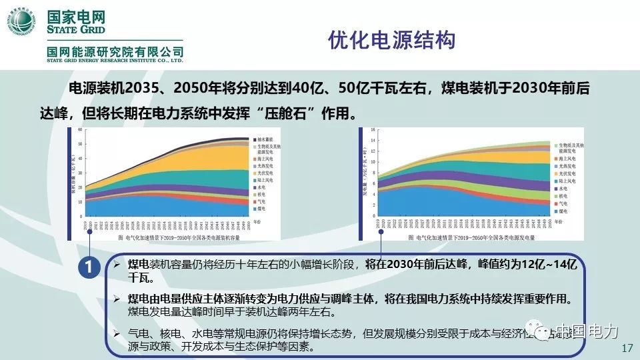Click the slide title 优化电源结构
tap(391, 40)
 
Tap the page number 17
tap(626, 349)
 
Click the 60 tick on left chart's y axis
tap(79, 131)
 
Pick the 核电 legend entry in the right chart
tap(559, 197)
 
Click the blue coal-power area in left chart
tap(167, 210)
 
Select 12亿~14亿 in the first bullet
tap(541, 264)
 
